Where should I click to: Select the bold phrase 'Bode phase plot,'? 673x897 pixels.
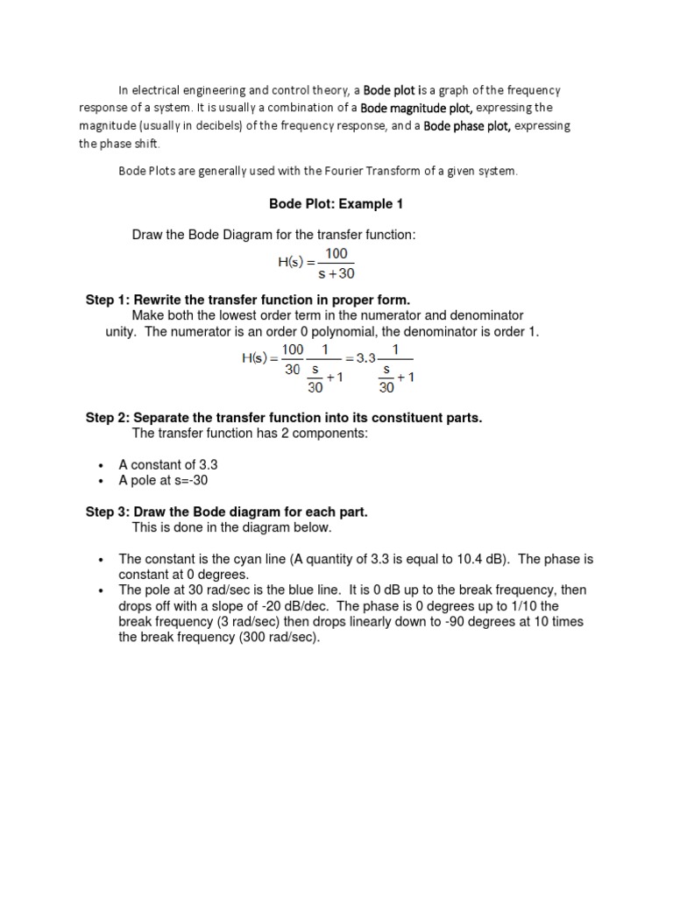[x=467, y=126]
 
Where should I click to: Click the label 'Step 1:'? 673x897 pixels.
[x=107, y=300]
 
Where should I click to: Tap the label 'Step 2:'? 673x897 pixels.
[x=107, y=418]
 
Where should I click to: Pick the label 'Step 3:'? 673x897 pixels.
[x=107, y=512]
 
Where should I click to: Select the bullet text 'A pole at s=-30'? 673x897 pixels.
[x=164, y=481]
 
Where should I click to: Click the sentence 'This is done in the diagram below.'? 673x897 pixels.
[x=231, y=528]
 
